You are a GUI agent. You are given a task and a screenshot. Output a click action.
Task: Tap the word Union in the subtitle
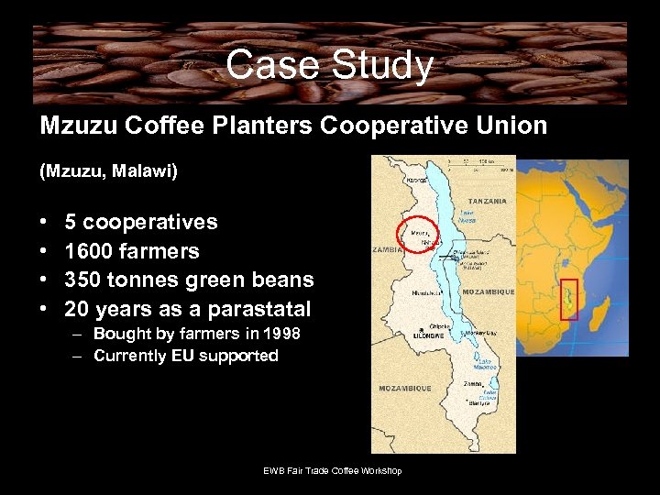click(509, 126)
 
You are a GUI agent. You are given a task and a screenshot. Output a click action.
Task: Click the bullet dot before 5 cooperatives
click(44, 223)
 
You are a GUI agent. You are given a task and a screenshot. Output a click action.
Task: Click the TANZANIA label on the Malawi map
click(488, 201)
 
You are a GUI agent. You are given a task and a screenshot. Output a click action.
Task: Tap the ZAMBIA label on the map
click(385, 249)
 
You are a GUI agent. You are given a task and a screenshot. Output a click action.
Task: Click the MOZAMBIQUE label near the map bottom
click(405, 389)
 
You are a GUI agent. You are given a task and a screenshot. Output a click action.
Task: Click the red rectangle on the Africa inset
click(569, 299)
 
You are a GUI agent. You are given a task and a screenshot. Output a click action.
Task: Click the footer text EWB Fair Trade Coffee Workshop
click(333, 471)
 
